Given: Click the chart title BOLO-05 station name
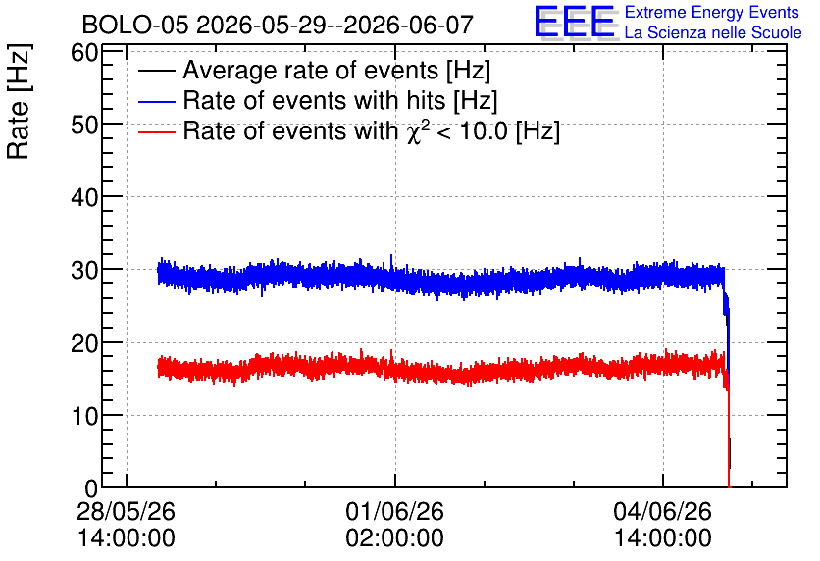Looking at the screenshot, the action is coord(134,25).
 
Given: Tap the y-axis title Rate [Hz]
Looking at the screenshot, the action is coord(19,101).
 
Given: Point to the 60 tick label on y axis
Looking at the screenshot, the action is coord(84,52).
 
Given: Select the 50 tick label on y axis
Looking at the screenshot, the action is coord(84,125).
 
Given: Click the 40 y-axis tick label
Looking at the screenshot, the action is coord(84,198).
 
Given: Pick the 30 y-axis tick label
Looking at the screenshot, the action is coord(84,271).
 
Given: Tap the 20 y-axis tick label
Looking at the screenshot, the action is coord(84,343).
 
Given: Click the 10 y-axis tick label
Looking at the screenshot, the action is coord(84,416).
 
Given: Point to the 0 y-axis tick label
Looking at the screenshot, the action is coord(91,488).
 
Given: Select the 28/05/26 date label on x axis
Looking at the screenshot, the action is coord(126,511).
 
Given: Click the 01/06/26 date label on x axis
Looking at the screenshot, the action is coord(395,511).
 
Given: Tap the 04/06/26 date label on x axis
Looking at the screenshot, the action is coord(663,511).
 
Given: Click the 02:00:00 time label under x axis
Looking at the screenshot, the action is coord(395,537).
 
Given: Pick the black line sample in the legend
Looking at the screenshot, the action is coord(156,71).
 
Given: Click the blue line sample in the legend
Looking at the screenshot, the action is coord(156,101).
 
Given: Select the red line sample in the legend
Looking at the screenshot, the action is coord(156,131).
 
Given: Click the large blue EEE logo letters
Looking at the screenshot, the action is coord(576,22).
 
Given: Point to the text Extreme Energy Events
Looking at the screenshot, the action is coord(712,12).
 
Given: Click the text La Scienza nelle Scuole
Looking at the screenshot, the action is coord(713,32).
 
